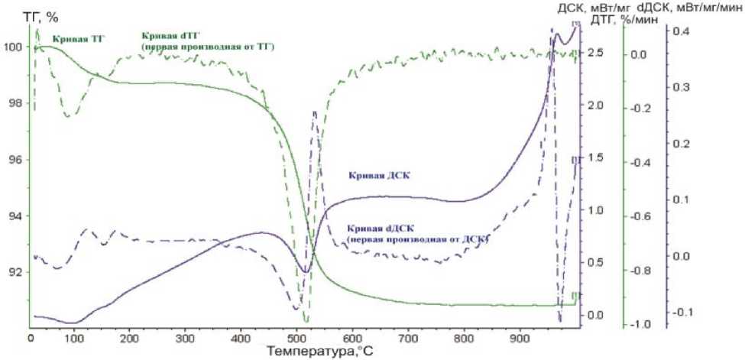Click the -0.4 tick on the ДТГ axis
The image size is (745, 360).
pos(645,163)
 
